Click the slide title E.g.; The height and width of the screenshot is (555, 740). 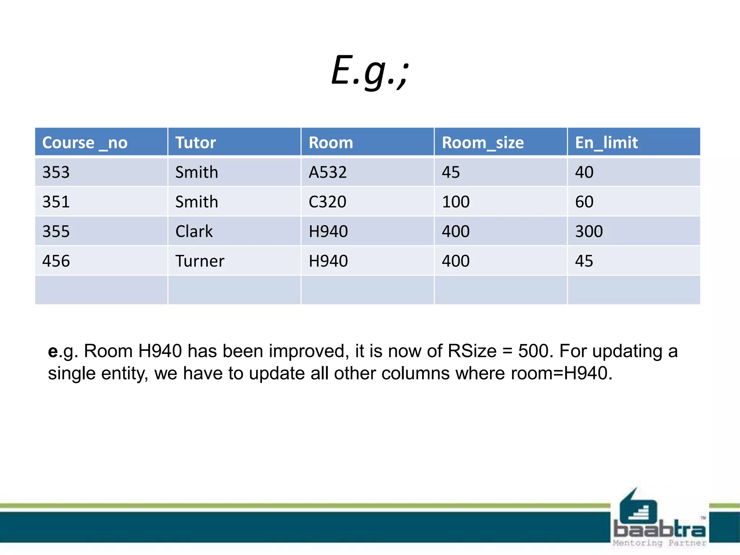[x=370, y=70]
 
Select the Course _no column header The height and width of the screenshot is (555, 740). [x=85, y=142]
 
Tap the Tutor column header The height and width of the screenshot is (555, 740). [x=195, y=142]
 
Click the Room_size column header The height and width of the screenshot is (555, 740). [x=483, y=142]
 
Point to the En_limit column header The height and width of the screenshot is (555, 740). [x=606, y=142]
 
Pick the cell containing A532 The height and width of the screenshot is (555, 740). [x=328, y=172]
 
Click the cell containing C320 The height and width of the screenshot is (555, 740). [x=327, y=202]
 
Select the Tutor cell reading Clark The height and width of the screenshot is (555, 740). [x=194, y=231]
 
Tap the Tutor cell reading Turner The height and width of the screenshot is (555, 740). [x=200, y=261]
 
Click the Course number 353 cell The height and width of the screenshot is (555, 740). [x=56, y=172]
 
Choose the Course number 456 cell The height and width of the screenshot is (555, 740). [x=56, y=261]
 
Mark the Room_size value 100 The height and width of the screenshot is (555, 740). [x=456, y=202]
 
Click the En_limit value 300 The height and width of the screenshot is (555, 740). [x=589, y=231]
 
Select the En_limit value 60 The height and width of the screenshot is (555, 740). [x=584, y=202]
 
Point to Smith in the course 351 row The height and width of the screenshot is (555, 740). [x=197, y=202]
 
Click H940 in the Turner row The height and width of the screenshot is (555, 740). [x=328, y=261]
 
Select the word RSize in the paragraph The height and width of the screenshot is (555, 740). [x=472, y=351]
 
